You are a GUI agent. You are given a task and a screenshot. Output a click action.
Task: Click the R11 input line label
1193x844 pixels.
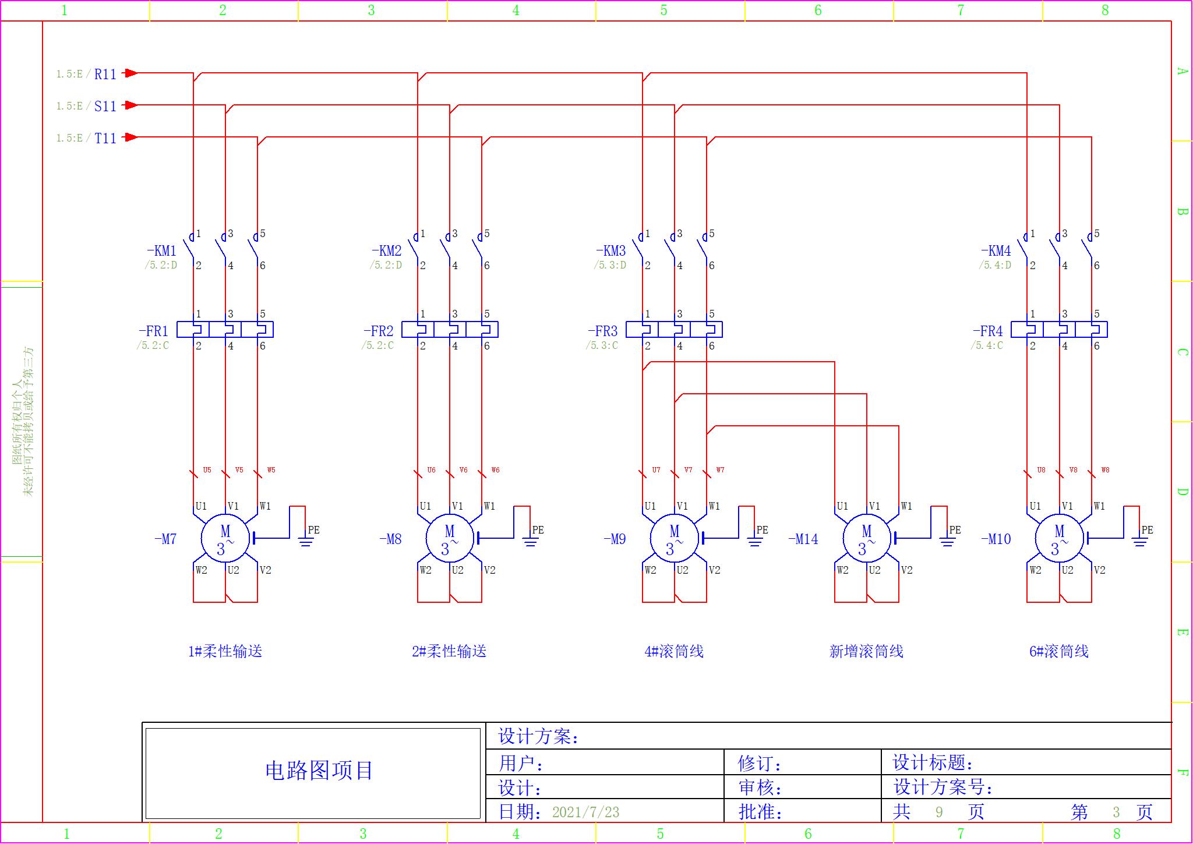point(105,74)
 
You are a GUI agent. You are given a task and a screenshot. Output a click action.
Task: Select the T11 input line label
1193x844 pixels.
point(105,138)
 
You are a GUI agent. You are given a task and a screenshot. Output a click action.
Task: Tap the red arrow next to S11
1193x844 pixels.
point(131,105)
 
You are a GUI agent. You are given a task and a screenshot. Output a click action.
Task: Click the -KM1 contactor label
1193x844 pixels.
point(161,251)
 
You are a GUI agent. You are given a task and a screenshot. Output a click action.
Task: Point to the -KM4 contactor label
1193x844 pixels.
point(996,251)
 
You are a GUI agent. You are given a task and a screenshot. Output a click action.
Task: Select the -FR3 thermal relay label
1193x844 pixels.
point(603,331)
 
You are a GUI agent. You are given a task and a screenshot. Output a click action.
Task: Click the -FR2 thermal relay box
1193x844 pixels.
point(450,330)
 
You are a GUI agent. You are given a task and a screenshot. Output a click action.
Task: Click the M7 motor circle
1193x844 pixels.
point(225,539)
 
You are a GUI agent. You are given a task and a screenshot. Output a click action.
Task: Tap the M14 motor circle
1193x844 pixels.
point(867,539)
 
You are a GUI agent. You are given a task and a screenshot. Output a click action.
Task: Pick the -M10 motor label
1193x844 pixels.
point(996,539)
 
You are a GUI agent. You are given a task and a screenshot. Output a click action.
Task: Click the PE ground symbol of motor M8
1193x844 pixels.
point(530,542)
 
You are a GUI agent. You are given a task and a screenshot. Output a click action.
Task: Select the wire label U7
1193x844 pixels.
point(656,469)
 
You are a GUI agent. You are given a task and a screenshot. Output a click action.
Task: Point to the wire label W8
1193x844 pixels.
point(1105,469)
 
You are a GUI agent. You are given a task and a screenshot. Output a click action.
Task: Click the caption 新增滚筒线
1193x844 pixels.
point(866,651)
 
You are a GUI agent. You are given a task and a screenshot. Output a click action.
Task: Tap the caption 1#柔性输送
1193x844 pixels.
point(225,651)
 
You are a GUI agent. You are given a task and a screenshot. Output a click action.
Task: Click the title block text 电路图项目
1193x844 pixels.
point(319,771)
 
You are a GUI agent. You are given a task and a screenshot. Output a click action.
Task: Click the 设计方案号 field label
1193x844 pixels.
point(943,788)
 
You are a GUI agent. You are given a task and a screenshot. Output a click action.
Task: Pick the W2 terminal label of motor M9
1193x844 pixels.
point(650,570)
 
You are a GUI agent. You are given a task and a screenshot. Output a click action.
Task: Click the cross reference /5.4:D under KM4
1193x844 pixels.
point(995,265)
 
